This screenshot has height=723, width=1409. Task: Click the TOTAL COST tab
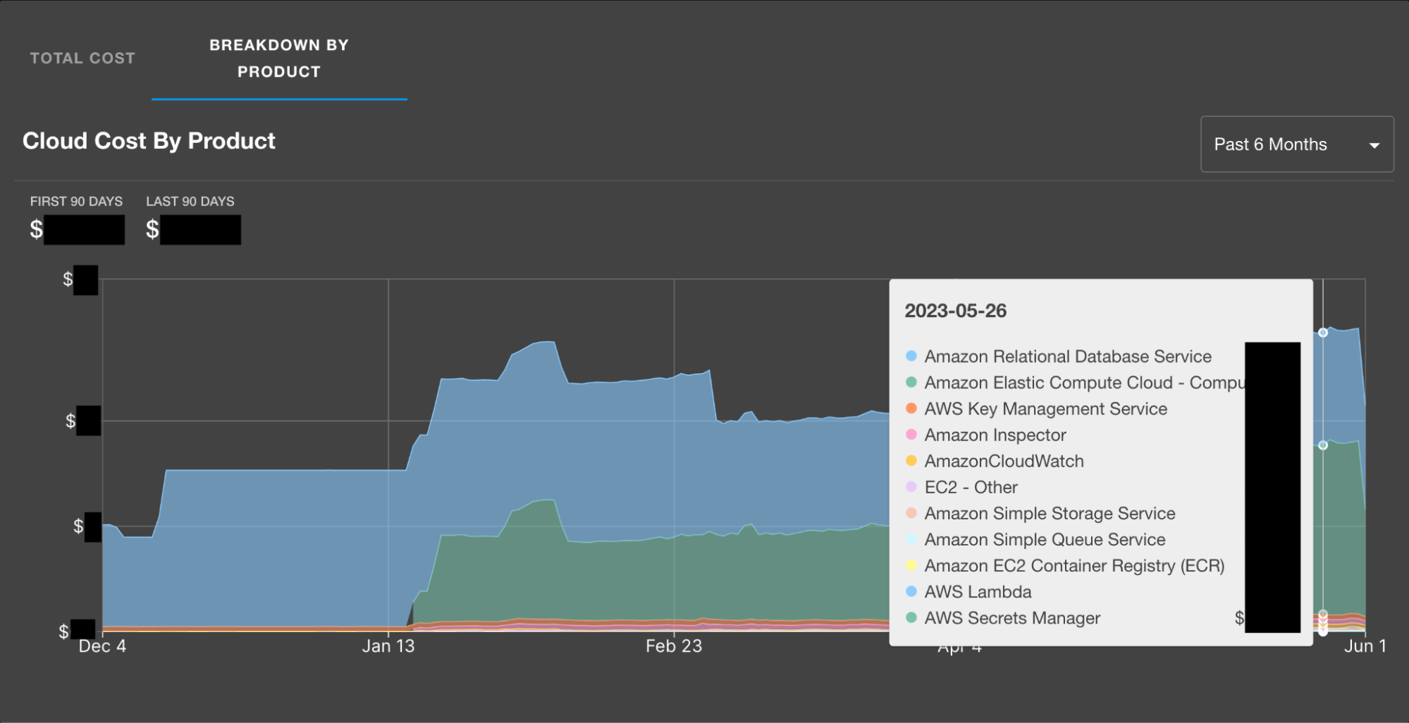click(x=82, y=58)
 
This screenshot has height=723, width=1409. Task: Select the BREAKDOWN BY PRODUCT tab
click(x=279, y=58)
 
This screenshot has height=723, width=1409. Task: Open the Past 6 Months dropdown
click(x=1296, y=144)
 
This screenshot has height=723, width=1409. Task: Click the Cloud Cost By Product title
click(x=149, y=141)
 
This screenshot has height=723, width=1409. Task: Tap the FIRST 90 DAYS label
click(x=76, y=202)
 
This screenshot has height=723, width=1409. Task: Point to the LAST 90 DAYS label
click(x=190, y=202)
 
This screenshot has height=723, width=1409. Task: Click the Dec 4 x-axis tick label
click(x=102, y=646)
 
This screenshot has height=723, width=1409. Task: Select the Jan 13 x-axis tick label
click(x=388, y=646)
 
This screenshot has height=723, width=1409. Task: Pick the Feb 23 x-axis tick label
click(x=674, y=646)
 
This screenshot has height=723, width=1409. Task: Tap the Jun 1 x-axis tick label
click(x=1365, y=646)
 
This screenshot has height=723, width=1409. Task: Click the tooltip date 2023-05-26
click(x=955, y=311)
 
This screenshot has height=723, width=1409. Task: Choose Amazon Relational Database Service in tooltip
click(x=1067, y=357)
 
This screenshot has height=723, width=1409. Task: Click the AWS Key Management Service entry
click(x=1045, y=409)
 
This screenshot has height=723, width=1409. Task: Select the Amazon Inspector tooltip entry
click(x=995, y=435)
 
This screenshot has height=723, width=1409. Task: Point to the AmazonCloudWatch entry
click(x=1004, y=461)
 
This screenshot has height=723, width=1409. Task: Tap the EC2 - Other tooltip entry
click(x=971, y=487)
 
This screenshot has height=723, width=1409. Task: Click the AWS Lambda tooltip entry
click(x=978, y=592)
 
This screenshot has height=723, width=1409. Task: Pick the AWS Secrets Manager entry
click(x=1012, y=618)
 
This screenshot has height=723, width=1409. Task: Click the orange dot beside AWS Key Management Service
click(x=911, y=408)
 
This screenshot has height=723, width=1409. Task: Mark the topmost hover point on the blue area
click(x=1323, y=333)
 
